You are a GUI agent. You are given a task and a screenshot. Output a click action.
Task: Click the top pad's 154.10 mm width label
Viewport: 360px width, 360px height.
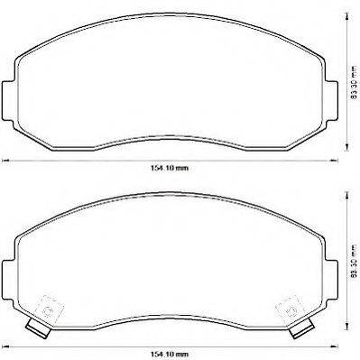pos(170,168)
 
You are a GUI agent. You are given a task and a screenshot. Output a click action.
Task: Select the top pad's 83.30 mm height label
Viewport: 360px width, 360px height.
pos(355,83)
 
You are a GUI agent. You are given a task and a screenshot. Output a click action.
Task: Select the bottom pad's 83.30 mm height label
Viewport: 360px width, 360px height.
pos(355,261)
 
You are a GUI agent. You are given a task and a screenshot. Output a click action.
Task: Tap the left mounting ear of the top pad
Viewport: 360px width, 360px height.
pos(8,100)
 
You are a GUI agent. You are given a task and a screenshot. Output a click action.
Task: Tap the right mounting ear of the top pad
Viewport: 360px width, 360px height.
pos(331,100)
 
